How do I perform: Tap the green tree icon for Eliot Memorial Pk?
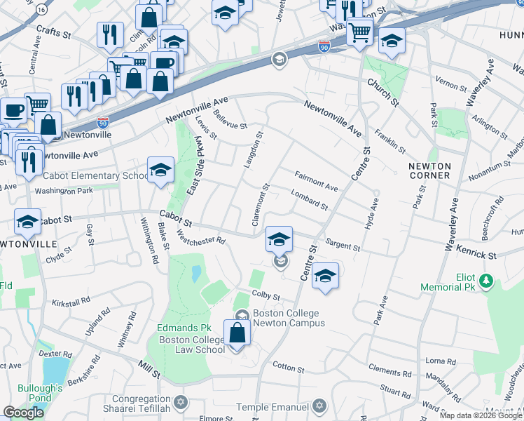[485, 281]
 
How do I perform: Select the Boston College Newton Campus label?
[289, 318]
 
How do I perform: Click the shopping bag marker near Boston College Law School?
[237, 333]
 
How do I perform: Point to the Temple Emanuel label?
[273, 407]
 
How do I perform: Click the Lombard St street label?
[310, 201]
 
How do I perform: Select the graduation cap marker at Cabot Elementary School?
[160, 171]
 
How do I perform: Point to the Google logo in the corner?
[23, 412]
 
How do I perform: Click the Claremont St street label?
[261, 206]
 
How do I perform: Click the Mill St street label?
[149, 370]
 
